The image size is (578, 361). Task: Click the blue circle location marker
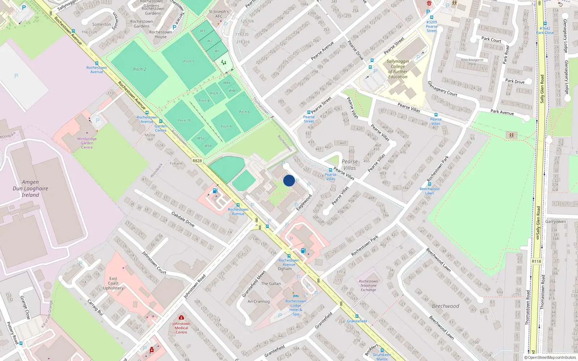tap(289, 180)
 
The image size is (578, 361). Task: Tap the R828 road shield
tap(197, 161)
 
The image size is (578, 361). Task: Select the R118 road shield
tap(536, 261)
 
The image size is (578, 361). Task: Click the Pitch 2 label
tap(139, 69)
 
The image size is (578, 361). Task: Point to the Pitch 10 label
tap(184, 121)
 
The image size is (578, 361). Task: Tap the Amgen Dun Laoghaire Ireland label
tap(30, 188)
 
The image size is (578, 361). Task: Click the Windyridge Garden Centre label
tap(87, 143)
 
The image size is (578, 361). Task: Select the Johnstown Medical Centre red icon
tap(181, 317)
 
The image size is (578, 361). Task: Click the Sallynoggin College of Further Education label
tap(398, 69)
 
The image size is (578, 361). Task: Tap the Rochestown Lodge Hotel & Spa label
tap(296, 308)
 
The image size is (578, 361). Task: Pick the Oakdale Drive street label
tap(183, 219)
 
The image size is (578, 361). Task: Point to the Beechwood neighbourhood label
tap(445, 306)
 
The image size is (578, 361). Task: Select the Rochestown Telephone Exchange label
tap(368, 286)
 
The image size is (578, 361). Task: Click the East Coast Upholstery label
tap(113, 283)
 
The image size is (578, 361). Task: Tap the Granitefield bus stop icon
tap(357, 316)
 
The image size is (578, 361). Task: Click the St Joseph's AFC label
tap(219, 14)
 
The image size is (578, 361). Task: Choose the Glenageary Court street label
tap(442, 88)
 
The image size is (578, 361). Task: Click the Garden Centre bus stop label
tap(161, 128)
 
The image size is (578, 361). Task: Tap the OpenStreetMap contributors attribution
tap(550, 357)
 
